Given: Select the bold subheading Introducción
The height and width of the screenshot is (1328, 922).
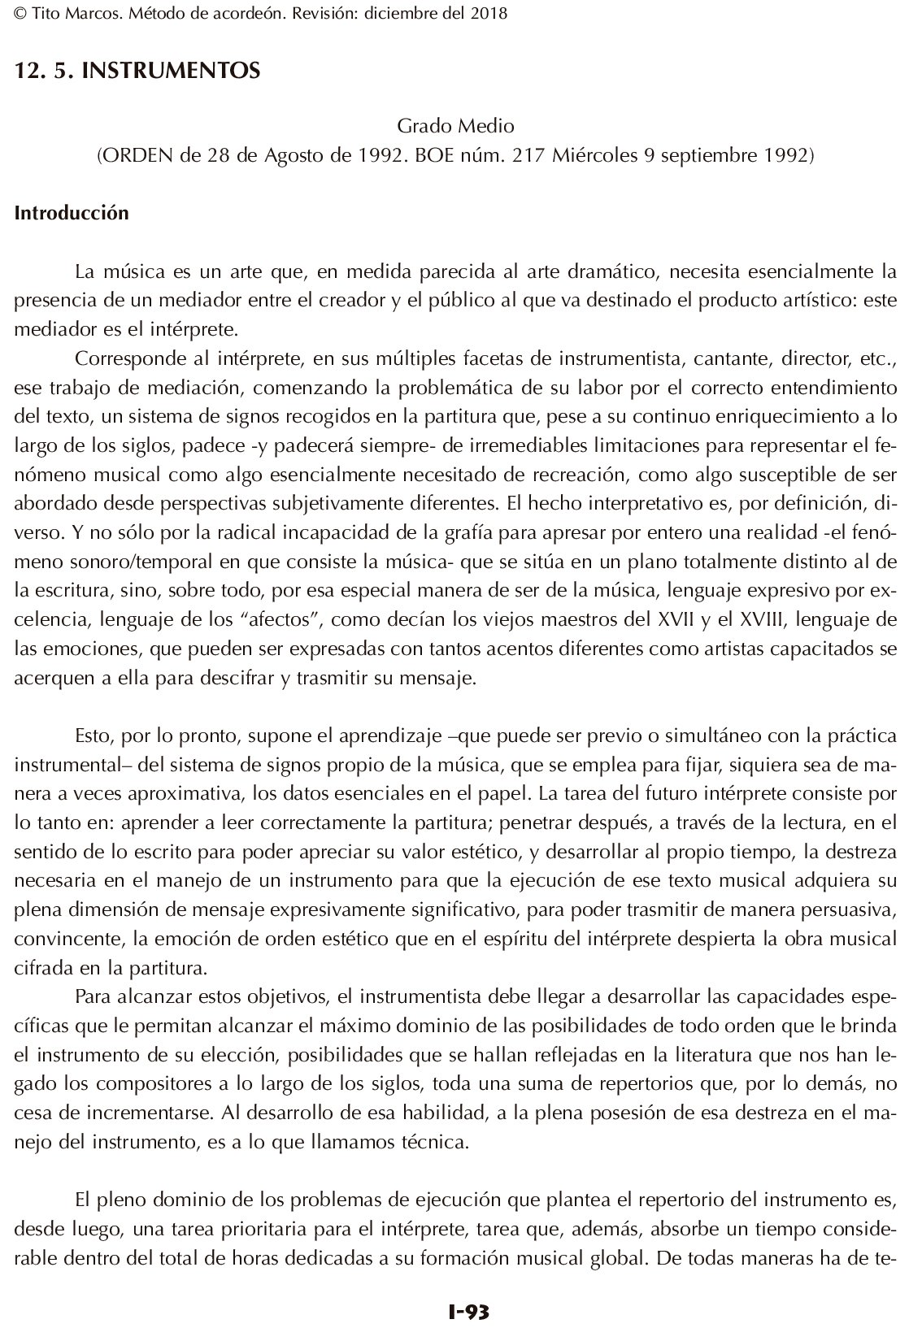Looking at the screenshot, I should [72, 214].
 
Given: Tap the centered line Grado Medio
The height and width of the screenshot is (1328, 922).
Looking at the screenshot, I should [455, 127].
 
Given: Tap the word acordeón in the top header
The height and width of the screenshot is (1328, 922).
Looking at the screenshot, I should [243, 14].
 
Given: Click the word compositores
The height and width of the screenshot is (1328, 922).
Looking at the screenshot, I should [124, 1084].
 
